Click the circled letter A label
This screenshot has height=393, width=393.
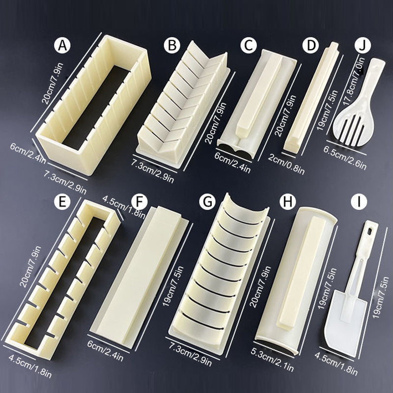[62, 45]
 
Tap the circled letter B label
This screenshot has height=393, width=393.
[172, 45]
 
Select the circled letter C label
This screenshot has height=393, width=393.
[249, 45]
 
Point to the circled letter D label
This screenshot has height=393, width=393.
[310, 45]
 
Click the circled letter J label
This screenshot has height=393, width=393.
[363, 45]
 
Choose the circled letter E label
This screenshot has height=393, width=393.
[62, 201]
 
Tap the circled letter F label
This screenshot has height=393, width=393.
[139, 201]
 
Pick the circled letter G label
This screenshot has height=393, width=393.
[207, 201]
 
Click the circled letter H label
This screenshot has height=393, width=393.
[287, 201]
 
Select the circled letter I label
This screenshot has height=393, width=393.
[359, 201]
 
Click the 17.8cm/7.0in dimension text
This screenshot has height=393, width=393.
[353, 82]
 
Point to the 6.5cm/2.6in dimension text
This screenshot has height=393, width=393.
[345, 158]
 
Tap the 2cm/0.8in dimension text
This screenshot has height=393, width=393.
[286, 164]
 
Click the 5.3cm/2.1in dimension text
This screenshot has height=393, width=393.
[272, 359]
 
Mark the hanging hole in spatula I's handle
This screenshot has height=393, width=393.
[370, 231]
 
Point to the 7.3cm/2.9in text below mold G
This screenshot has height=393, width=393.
[190, 354]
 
